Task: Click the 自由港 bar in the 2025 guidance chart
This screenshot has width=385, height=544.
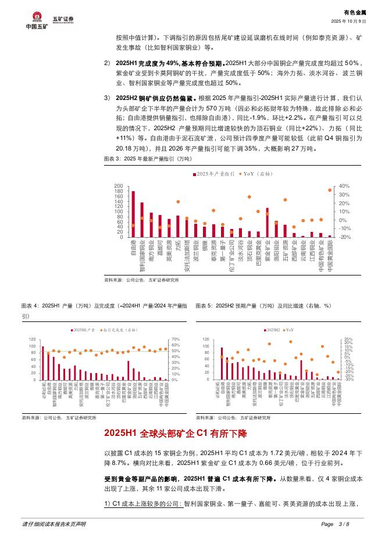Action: [133, 214]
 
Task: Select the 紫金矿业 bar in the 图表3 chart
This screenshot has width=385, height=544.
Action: [267, 223]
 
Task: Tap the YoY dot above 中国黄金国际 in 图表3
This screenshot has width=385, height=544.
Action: [330, 189]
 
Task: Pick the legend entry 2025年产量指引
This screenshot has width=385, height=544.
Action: [213, 174]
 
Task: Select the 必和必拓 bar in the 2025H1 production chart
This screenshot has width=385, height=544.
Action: [42, 363]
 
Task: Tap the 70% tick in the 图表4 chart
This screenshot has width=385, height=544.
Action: [174, 339]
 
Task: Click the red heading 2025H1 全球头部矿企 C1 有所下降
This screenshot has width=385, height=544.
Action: [175, 434]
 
